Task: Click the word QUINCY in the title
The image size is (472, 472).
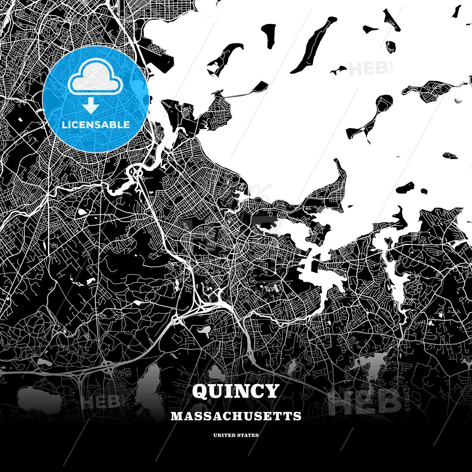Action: click(236, 391)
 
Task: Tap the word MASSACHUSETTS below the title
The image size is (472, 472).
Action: click(236, 416)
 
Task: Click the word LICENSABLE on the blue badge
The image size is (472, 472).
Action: click(95, 125)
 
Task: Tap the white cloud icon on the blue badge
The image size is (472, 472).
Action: click(95, 80)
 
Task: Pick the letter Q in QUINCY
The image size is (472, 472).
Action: click(200, 391)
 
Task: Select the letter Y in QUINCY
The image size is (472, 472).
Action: click(271, 391)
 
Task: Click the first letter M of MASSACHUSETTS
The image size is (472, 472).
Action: click(176, 416)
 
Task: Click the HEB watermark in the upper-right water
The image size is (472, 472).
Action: click(369, 68)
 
